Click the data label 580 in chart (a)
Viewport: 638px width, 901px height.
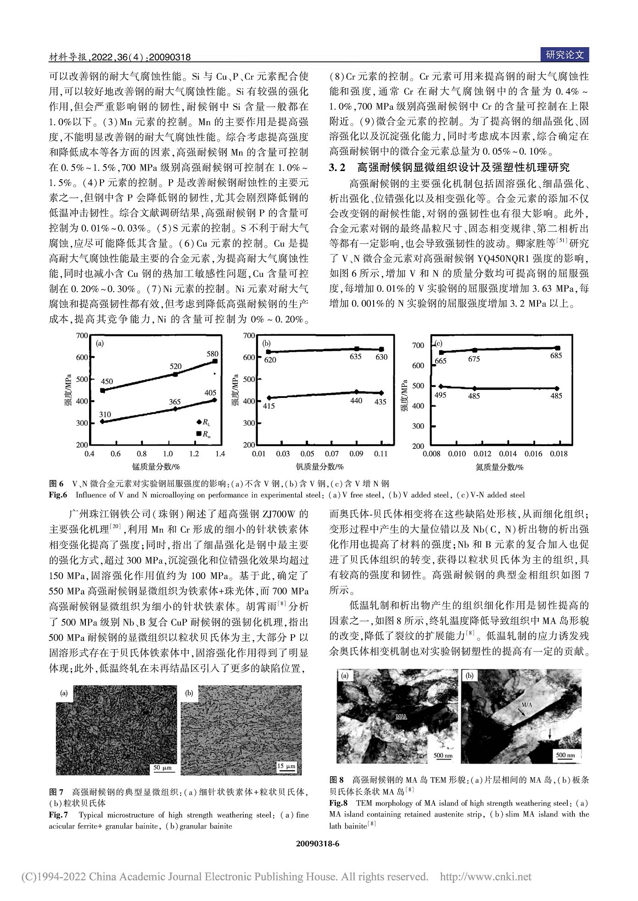213,354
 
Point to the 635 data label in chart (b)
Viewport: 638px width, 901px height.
356,357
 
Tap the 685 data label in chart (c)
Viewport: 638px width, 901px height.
556,356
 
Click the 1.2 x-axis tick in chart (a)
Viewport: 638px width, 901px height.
194,454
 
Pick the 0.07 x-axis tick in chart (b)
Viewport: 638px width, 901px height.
332,454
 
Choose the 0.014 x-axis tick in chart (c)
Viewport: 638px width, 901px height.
508,454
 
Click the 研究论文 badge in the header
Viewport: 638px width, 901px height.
565,55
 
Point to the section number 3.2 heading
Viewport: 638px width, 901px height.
337,168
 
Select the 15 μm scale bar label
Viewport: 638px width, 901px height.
287,766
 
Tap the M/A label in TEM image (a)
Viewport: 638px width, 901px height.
401,716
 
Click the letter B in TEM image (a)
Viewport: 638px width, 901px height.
385,733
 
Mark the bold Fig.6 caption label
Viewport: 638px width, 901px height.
58,495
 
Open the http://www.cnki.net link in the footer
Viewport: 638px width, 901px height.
486,877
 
